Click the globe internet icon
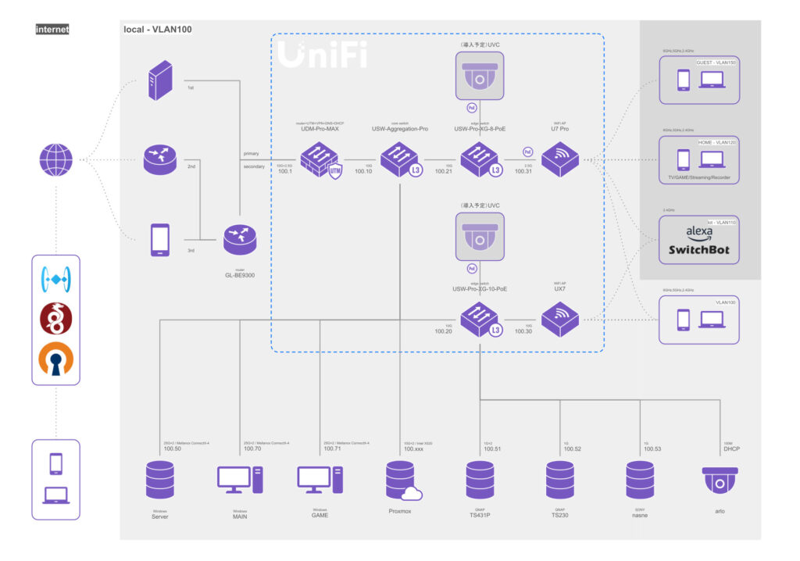[55, 160]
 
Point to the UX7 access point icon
[559, 320]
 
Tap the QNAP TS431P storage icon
[480, 480]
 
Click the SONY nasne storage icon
[640, 480]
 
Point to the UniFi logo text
[321, 55]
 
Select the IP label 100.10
[364, 172]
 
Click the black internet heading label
[52, 30]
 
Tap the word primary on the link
[251, 153]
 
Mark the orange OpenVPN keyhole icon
[55, 359]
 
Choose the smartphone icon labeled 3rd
[159, 240]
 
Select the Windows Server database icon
[160, 480]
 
